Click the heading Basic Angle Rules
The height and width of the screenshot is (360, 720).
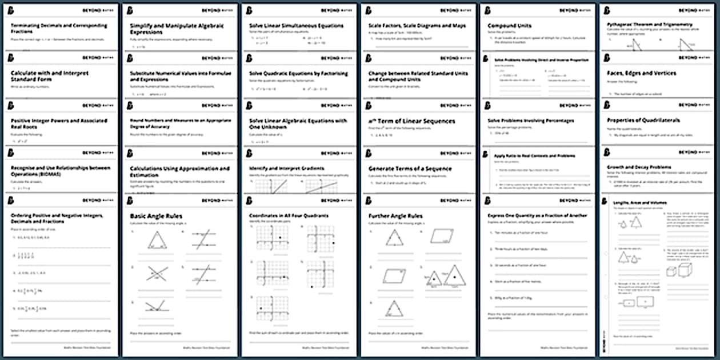(x=151, y=216)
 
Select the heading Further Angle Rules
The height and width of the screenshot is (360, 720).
(x=395, y=216)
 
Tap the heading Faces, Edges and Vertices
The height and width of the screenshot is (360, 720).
(x=641, y=73)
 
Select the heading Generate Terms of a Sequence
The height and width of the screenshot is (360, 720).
(x=410, y=169)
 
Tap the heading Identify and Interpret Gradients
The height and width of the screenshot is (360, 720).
(x=286, y=169)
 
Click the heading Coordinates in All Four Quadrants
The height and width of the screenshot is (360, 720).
(x=289, y=216)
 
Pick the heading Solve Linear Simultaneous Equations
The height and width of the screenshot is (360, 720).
(x=296, y=26)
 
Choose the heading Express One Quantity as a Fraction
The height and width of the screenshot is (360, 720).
(x=537, y=216)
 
